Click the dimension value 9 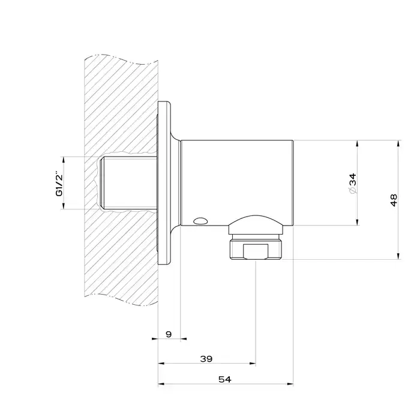[x=169, y=334]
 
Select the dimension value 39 [x=206, y=359]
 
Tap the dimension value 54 [x=225, y=379]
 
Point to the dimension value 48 [x=394, y=200]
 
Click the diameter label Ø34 [x=353, y=184]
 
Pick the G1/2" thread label [x=59, y=184]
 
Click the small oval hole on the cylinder [x=200, y=221]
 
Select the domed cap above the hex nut [x=256, y=224]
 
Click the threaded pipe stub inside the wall [x=128, y=183]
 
